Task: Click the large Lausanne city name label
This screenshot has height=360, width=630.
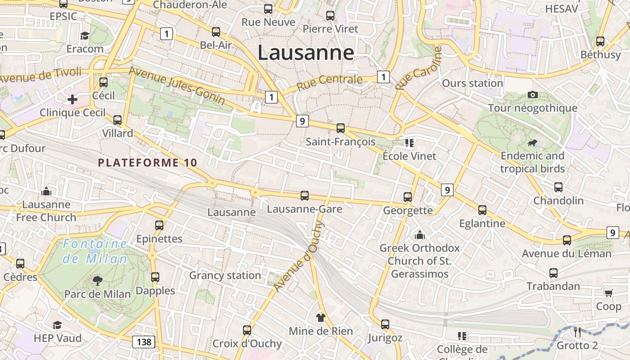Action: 306,53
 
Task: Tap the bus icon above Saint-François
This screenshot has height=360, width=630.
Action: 341,128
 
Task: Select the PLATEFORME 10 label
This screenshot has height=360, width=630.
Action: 148,163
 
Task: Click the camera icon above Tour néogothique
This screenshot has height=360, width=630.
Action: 533,94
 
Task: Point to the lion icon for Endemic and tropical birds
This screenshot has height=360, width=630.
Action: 533,143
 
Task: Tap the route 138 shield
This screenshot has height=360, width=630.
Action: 144,342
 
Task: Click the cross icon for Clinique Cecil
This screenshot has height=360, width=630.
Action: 72,99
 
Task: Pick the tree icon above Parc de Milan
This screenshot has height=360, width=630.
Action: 97,281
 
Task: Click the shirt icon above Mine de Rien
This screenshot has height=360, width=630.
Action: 320,317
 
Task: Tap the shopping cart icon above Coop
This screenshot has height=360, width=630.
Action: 608,293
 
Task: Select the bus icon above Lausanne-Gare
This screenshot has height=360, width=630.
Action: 305,196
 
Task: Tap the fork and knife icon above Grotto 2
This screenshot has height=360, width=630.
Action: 577,332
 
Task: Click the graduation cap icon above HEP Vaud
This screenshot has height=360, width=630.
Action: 57,325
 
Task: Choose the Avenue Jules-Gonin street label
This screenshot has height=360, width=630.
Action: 177,86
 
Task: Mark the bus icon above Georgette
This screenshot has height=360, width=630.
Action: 408,197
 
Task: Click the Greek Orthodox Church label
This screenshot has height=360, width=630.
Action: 419,261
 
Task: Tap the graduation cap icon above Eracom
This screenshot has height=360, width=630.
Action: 85,36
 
